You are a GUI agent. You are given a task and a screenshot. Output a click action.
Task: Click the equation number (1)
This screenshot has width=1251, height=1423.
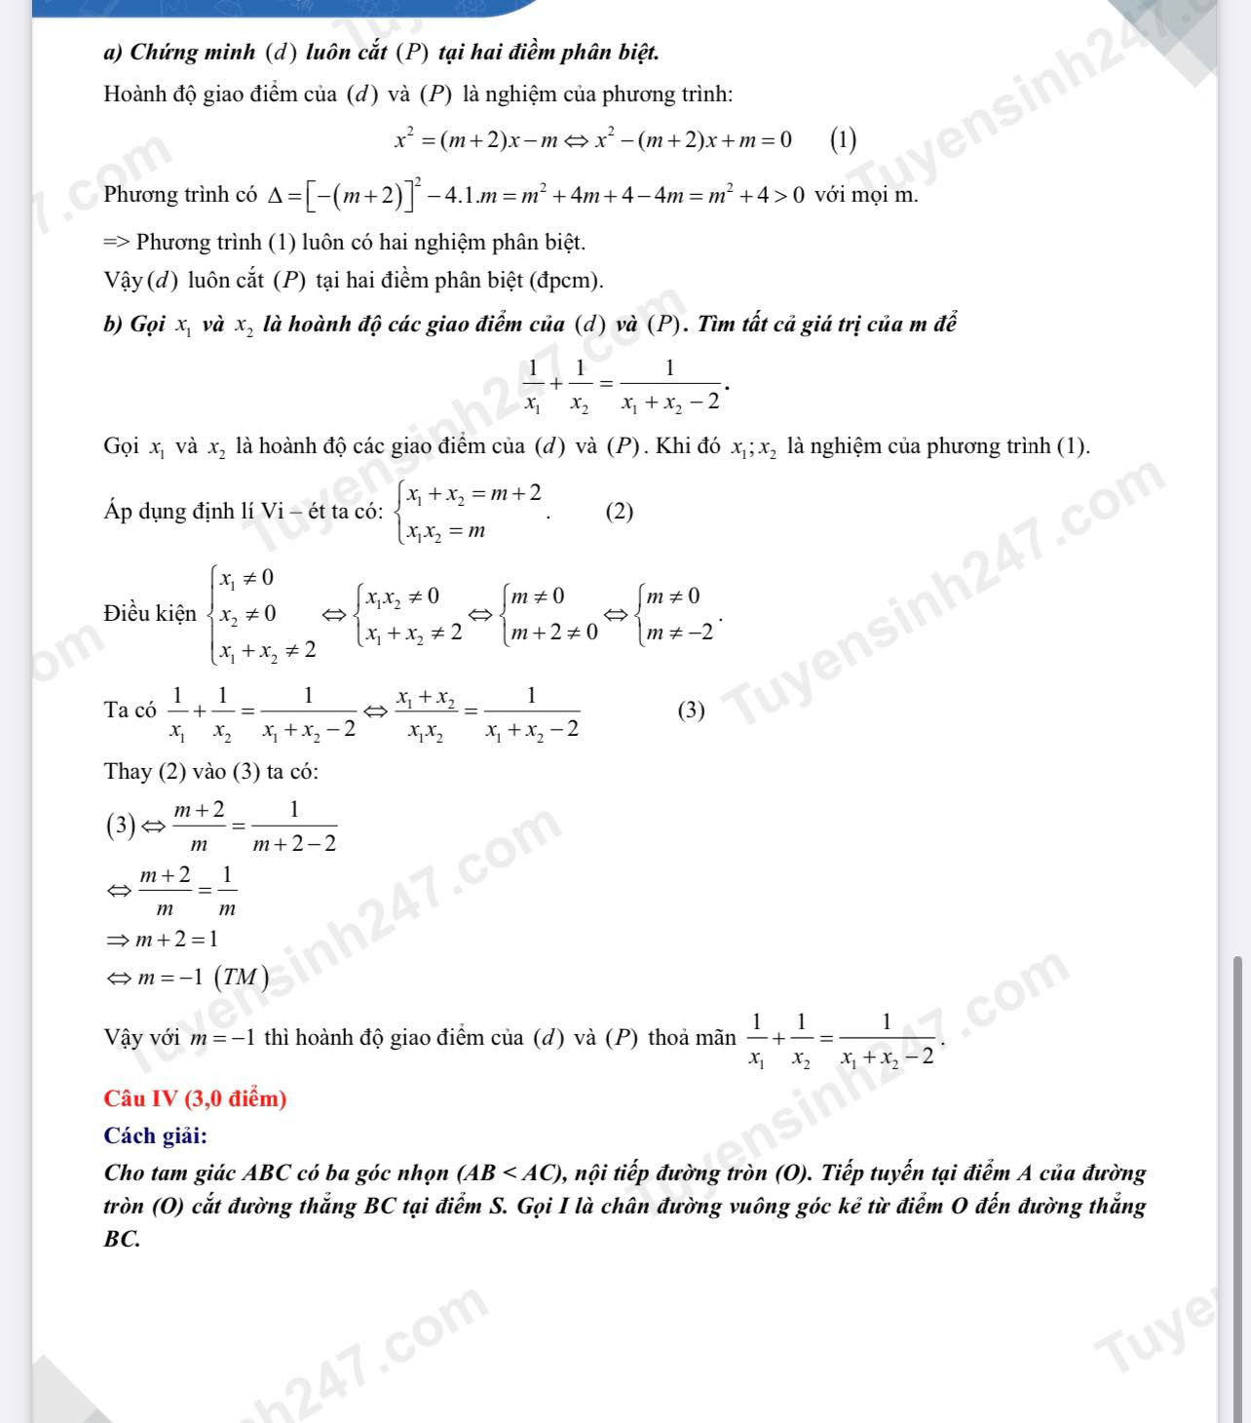pyautogui.click(x=843, y=140)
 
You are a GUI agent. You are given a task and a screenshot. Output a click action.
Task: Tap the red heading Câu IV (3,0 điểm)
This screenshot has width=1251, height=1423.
pyautogui.click(x=195, y=1098)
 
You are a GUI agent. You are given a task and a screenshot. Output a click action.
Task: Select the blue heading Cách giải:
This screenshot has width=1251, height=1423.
pyautogui.click(x=155, y=1135)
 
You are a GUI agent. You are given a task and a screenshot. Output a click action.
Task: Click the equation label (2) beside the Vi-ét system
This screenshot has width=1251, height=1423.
pyautogui.click(x=620, y=511)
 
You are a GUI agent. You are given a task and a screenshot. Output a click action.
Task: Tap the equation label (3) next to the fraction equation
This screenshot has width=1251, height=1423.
pyautogui.click(x=691, y=710)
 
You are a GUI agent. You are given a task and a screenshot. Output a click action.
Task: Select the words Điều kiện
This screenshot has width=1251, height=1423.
pyautogui.click(x=150, y=613)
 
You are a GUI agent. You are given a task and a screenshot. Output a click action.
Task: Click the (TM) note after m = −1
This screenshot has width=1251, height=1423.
pyautogui.click(x=241, y=977)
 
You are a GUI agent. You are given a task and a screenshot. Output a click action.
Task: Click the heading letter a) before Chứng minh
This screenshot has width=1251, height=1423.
pyautogui.click(x=112, y=52)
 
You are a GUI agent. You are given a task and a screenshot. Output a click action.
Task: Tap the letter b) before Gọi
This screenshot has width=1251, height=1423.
pyautogui.click(x=112, y=325)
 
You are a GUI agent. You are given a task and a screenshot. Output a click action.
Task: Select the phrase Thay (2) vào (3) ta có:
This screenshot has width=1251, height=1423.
pyautogui.click(x=211, y=772)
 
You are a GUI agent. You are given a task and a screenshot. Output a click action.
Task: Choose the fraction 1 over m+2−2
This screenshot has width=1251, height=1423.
pyautogui.click(x=294, y=827)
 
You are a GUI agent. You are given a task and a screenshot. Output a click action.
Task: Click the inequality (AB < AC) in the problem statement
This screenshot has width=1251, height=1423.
pyautogui.click(x=516, y=1173)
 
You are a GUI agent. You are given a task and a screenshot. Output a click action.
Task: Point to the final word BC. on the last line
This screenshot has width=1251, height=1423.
pyautogui.click(x=122, y=1240)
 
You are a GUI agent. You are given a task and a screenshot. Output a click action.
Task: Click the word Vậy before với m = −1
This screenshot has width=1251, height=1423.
pyautogui.click(x=126, y=1037)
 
